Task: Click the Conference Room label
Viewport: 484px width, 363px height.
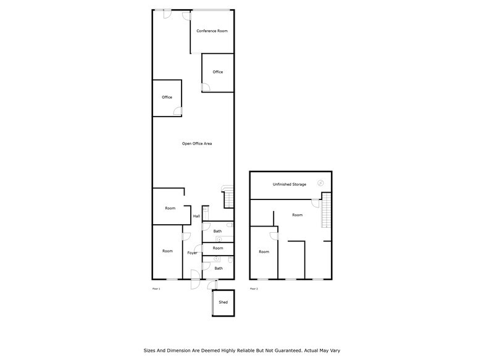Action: (x=212, y=31)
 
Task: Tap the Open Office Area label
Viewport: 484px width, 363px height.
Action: (x=197, y=144)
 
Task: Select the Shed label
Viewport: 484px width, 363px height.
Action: (x=223, y=302)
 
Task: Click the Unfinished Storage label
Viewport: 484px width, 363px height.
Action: (x=290, y=185)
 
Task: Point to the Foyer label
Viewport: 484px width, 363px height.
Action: (x=193, y=253)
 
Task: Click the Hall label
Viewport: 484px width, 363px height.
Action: (x=196, y=216)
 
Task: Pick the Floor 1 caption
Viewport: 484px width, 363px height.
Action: (x=156, y=289)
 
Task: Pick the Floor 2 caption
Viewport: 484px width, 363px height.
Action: (x=254, y=289)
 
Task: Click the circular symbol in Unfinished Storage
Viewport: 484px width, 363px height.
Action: (x=320, y=182)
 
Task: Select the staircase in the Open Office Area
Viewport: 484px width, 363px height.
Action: (x=228, y=198)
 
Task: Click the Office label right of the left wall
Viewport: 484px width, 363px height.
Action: (x=167, y=98)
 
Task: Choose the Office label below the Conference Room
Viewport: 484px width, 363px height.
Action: (x=217, y=72)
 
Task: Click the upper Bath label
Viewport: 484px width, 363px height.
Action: (x=217, y=232)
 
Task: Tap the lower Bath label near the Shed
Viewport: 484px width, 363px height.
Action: (x=219, y=269)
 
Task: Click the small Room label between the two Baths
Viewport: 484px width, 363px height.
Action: (x=217, y=248)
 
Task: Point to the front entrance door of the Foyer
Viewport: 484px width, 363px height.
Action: (x=194, y=283)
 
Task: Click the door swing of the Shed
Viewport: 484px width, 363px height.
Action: (x=214, y=285)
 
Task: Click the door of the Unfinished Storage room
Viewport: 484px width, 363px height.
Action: (x=315, y=204)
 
